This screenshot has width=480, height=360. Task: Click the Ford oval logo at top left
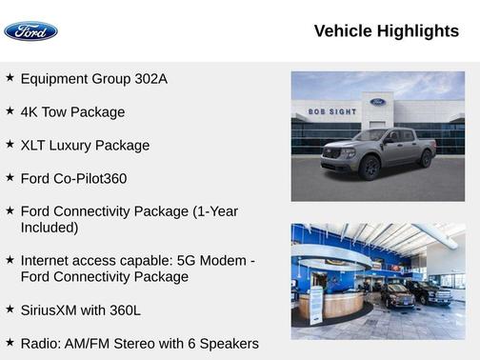pyautogui.click(x=30, y=31)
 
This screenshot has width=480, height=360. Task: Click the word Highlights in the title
pyautogui.click(x=418, y=31)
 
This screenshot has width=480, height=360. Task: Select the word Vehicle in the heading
pyautogui.click(x=343, y=31)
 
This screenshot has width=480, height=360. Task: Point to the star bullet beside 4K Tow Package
pyautogui.click(x=10, y=111)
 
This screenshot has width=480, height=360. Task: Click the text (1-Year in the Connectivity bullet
pyautogui.click(x=215, y=211)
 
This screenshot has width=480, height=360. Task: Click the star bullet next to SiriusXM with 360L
pyautogui.click(x=10, y=309)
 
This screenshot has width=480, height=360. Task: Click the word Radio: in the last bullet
pyautogui.click(x=42, y=343)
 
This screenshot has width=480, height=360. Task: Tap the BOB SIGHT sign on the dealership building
pyautogui.click(x=331, y=111)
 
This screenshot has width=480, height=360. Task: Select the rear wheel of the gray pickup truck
pyautogui.click(x=425, y=158)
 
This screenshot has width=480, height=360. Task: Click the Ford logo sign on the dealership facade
pyautogui.click(x=378, y=102)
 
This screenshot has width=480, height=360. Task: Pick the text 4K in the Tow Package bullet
pyautogui.click(x=30, y=112)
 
